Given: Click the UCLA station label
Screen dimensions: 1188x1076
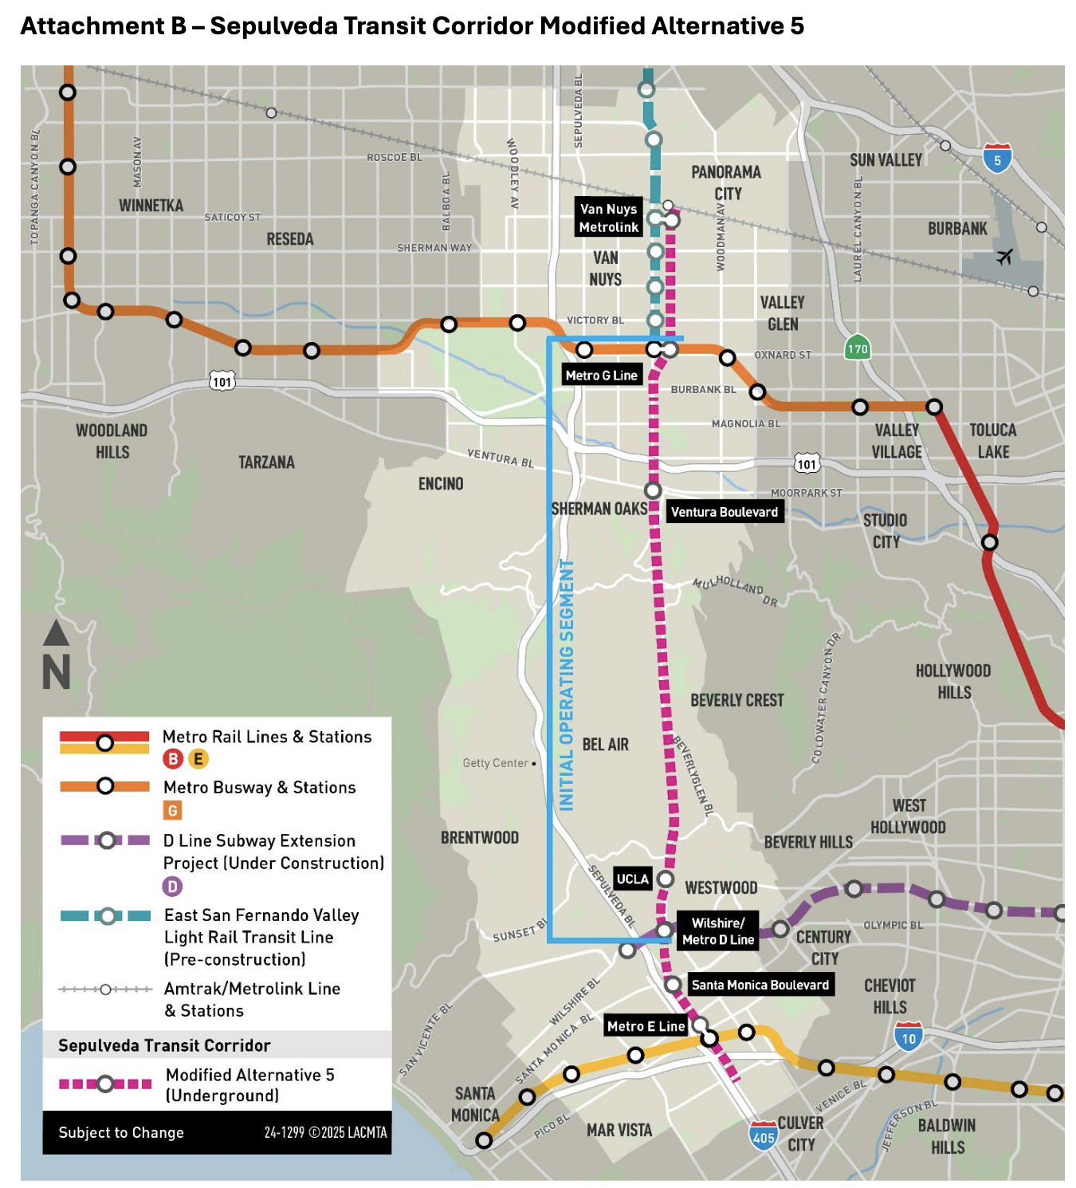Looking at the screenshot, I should (x=633, y=879).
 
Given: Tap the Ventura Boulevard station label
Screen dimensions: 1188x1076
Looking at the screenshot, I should (x=724, y=512).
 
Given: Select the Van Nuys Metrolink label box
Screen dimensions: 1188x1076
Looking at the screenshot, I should (x=609, y=218).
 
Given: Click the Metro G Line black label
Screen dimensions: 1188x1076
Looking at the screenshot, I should (x=602, y=376).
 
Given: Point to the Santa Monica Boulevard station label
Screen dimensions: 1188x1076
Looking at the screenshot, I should (x=760, y=985).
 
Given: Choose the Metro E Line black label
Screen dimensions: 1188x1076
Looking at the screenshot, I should (x=646, y=1026).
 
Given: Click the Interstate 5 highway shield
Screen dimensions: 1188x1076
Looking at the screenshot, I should (x=997, y=159).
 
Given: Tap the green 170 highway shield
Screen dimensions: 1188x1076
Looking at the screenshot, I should (x=858, y=348).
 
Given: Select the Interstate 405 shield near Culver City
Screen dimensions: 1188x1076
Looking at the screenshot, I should (x=763, y=1136).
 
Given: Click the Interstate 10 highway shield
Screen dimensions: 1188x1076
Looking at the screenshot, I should (x=909, y=1037).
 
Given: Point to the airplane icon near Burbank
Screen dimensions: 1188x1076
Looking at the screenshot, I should (x=1004, y=257).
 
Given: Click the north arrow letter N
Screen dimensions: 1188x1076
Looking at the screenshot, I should (x=57, y=671).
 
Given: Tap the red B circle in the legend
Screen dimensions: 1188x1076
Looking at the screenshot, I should (x=173, y=759).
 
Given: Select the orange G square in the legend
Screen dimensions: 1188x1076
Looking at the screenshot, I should (x=172, y=811).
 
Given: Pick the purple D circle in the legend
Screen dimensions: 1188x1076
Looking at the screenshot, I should (x=172, y=886).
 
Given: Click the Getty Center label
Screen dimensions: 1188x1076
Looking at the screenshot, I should (x=496, y=763).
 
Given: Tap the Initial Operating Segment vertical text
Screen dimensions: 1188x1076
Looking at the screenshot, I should (x=567, y=686).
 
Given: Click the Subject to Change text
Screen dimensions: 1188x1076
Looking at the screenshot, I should (x=121, y=1132).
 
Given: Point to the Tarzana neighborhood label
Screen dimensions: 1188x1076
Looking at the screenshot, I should (x=266, y=462).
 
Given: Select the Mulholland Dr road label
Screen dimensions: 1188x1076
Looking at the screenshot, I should (x=735, y=590).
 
